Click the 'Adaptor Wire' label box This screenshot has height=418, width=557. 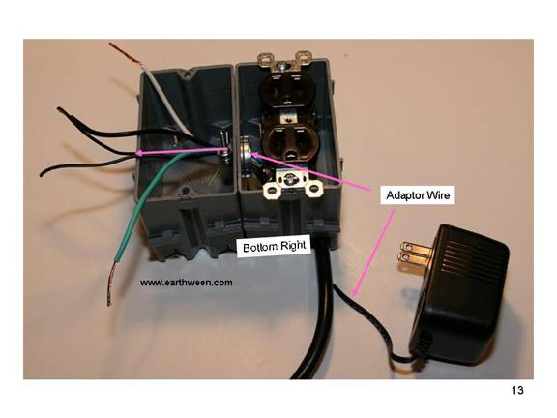tap(418, 195)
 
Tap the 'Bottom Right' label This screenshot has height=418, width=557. tap(274, 246)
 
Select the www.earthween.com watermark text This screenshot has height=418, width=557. tap(186, 283)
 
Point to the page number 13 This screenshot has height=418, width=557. tap(517, 390)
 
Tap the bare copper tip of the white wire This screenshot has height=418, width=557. tap(125, 53)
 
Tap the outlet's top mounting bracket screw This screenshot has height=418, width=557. tap(283, 65)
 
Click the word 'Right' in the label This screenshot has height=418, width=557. tap(293, 246)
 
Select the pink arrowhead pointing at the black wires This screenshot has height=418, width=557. tap(140, 153)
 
